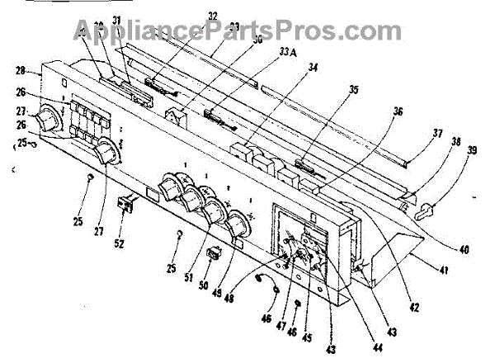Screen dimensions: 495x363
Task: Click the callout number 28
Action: [x=20, y=72]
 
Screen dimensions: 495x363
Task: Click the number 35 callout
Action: [x=352, y=90]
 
